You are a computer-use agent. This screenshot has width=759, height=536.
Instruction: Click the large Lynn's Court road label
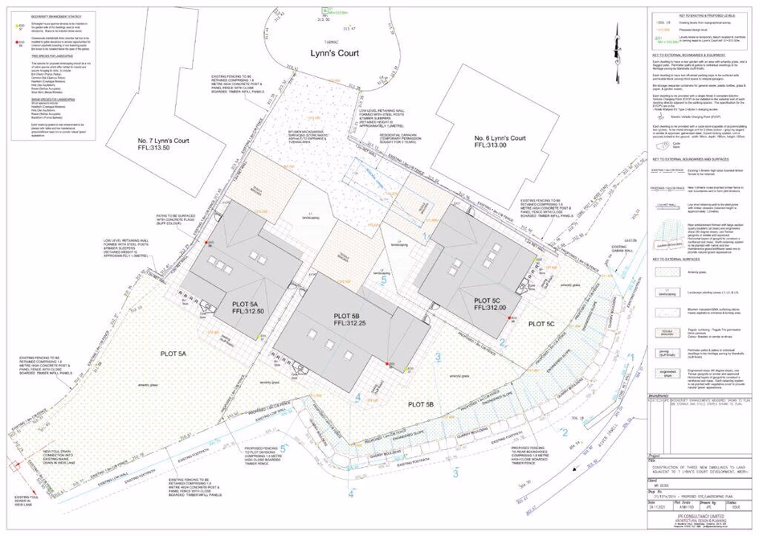tap(337, 54)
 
